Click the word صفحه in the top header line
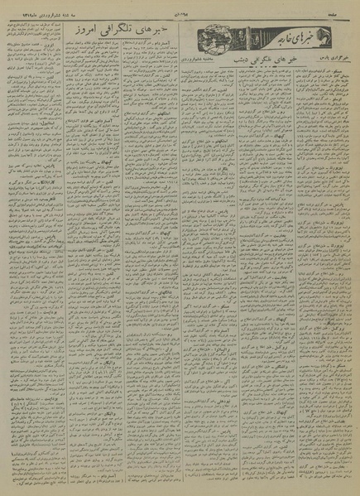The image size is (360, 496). tap(346, 7)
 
